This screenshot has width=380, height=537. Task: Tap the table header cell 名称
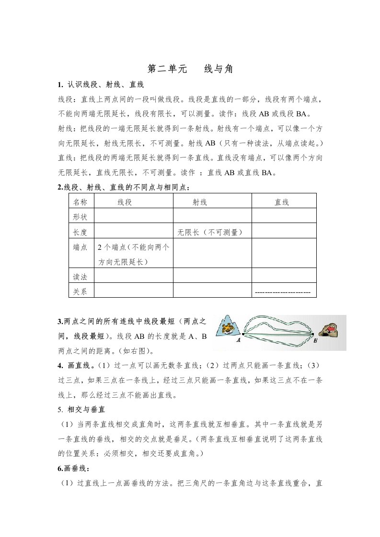pos(81,202)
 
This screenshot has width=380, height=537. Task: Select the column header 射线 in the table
pos(199,202)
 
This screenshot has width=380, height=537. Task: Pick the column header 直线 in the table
pos(281,202)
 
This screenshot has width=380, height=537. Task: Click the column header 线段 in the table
pos(125,202)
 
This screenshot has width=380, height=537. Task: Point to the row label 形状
pos(81,217)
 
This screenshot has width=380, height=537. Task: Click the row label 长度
pos(81,232)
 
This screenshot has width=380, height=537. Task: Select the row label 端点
pos(81,247)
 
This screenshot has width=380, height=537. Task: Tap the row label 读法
pos(81,276)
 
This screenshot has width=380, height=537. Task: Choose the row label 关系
pos(81,291)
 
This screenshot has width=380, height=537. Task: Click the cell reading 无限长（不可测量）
pos(209,232)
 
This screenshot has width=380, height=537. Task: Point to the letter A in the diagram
pos(238,340)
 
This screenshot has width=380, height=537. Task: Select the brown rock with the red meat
pos(332,330)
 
